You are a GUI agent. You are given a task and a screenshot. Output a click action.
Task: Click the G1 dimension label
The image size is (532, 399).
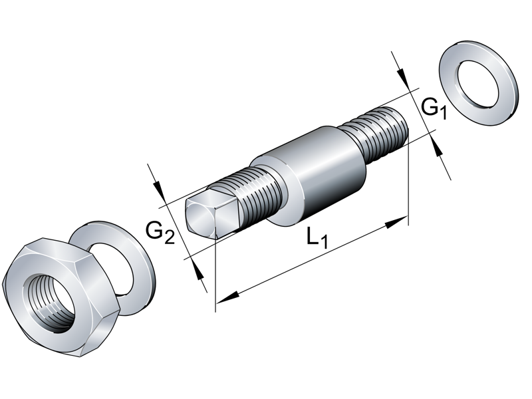pyautogui.click(x=434, y=107)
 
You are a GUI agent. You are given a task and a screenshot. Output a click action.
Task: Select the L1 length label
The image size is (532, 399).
pyautogui.click(x=318, y=238)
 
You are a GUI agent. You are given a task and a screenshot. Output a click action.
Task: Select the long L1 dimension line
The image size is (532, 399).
pyautogui.click(x=313, y=259)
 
